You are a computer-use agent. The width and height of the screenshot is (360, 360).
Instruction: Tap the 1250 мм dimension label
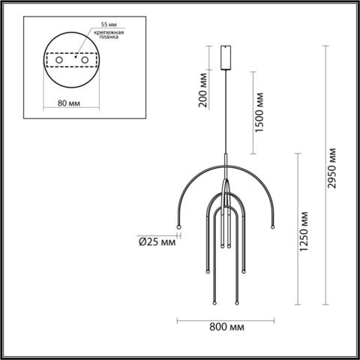(x=304, y=233)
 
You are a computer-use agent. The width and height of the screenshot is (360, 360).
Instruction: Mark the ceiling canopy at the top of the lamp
(x=227, y=55)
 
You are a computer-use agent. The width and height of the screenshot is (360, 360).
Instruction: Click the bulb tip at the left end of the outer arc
(x=178, y=228)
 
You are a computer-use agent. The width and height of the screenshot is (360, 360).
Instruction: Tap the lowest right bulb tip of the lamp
(x=237, y=303)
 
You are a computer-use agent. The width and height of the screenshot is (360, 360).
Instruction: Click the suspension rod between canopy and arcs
(x=227, y=112)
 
